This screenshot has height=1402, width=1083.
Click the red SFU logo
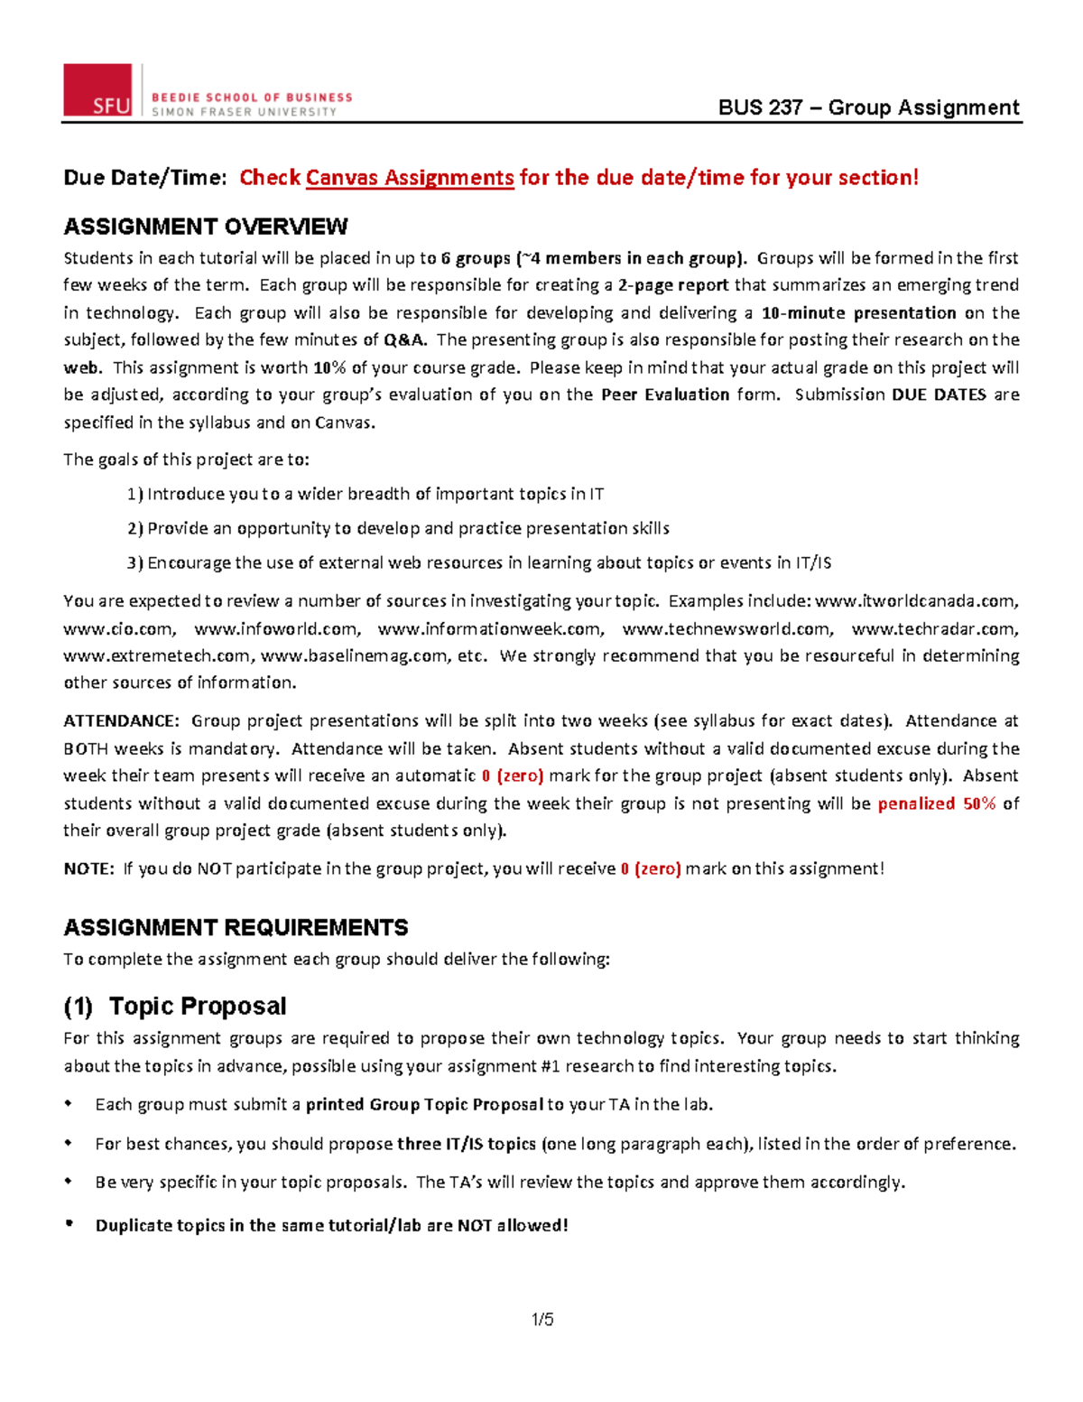(97, 90)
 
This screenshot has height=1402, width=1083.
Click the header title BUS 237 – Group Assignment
(868, 107)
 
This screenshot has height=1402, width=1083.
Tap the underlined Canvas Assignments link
(410, 178)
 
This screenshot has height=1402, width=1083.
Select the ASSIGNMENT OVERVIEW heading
(206, 226)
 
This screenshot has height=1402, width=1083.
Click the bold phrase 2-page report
(673, 285)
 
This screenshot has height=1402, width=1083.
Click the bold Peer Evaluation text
(665, 395)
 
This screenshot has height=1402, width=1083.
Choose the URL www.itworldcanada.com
(916, 601)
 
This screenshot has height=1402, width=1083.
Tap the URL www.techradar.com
(934, 629)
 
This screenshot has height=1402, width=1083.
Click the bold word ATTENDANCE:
(121, 721)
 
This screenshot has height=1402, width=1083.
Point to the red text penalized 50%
(936, 803)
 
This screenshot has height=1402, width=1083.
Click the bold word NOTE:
(88, 868)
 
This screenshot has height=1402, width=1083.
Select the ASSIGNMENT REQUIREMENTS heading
(236, 927)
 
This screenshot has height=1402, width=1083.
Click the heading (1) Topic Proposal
(175, 1006)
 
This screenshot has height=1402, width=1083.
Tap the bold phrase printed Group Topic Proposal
(424, 1104)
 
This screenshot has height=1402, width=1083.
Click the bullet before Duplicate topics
(69, 1224)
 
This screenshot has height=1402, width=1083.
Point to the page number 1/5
(542, 1320)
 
